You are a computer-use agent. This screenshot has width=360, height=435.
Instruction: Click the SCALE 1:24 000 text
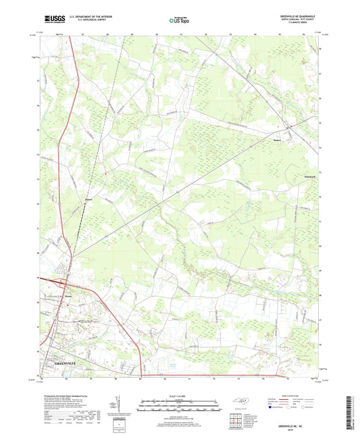click(x=180, y=395)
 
